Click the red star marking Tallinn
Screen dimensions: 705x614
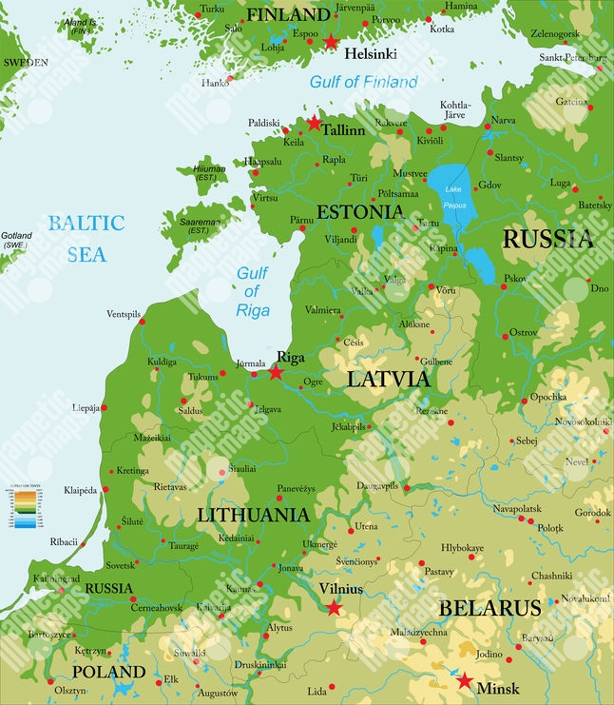315,123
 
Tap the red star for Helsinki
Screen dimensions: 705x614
331,42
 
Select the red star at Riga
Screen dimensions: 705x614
276,372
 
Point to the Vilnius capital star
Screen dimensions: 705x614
334,606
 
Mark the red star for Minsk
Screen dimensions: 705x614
464,680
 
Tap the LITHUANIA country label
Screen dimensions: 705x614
253,515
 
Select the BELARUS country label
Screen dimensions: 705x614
489,608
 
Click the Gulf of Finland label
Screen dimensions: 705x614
363,82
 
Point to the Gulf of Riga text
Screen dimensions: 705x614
252,292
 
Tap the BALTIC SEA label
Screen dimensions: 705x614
86,239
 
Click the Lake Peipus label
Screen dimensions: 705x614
454,197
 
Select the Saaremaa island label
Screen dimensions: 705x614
198,225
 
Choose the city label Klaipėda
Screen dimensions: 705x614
81,490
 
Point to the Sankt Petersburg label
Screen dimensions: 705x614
571,57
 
